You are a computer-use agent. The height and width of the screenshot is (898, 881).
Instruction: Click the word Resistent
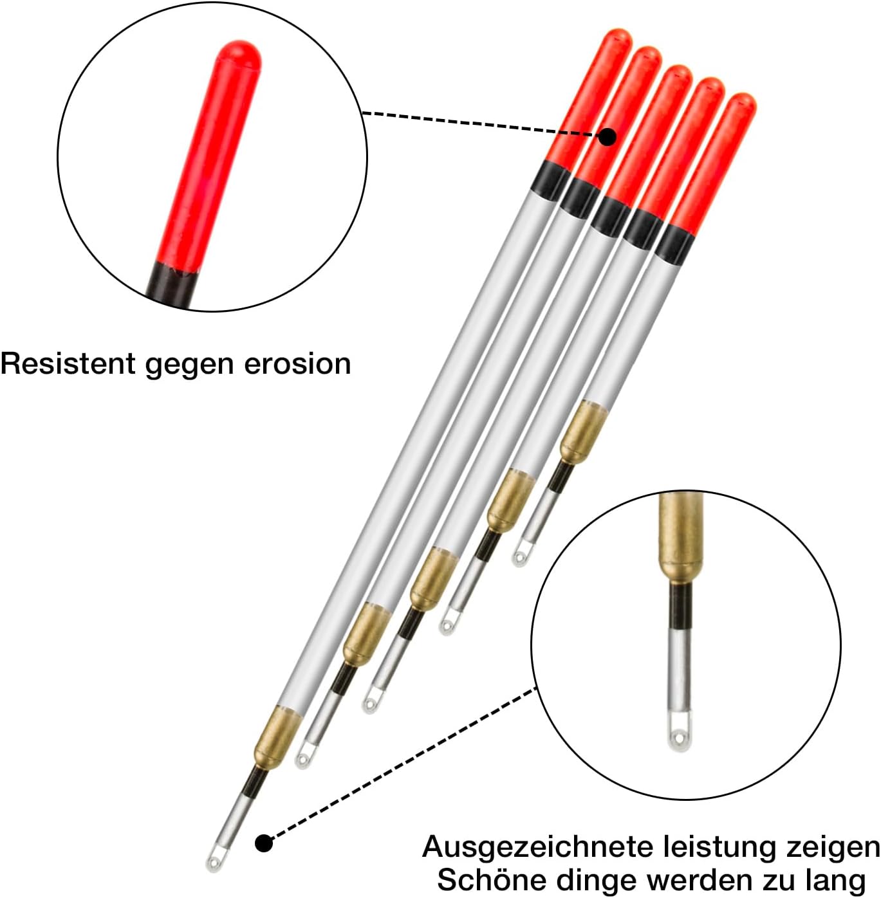68,364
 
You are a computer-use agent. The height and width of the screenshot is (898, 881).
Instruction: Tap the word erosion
297,364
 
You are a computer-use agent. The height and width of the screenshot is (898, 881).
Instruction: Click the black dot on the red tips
607,136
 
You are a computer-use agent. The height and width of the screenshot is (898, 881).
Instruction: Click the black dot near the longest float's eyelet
264,843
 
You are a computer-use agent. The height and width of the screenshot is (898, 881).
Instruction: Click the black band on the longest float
551,180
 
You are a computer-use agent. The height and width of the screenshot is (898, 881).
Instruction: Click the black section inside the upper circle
172,286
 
